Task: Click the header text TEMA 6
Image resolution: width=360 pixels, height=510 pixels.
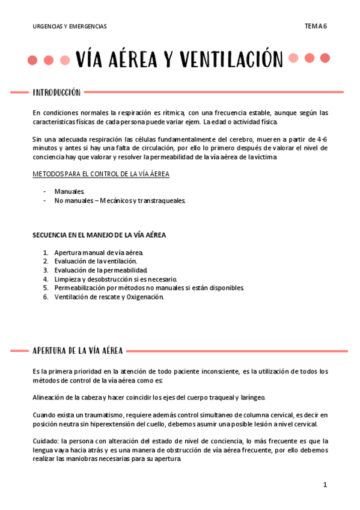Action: coord(316,26)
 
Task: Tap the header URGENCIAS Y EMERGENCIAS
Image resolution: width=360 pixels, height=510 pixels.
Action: coord(70,26)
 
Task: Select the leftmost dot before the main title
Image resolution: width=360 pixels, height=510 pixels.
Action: coord(33,60)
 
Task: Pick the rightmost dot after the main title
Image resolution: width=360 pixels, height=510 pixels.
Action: coord(325,58)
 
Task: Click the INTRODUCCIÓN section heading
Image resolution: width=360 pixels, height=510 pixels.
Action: coord(56,93)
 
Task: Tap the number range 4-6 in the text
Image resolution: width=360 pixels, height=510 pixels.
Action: coord(322,139)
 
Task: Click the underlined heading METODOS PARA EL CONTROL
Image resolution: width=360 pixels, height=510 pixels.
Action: coord(101,174)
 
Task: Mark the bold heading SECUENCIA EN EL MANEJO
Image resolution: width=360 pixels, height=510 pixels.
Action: coord(99,235)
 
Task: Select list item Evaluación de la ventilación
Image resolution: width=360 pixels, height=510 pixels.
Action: coord(96,261)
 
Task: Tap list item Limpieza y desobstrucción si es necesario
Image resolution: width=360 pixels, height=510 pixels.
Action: coord(115,279)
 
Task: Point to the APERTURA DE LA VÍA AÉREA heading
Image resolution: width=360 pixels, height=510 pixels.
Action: coord(78,351)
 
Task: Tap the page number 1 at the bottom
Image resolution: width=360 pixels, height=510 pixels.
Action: coord(325,485)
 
